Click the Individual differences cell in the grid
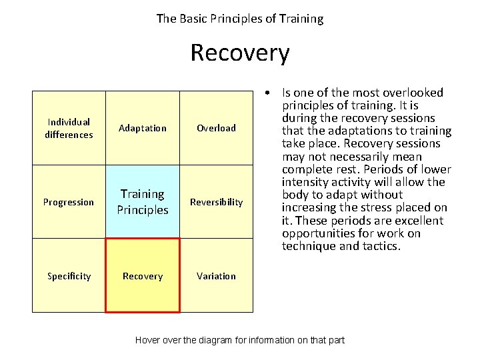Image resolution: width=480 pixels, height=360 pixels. click(69, 128)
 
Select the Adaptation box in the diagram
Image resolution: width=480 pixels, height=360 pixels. click(143, 128)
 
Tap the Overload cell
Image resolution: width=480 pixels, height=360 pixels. click(216, 128)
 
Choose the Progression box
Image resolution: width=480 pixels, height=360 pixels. click(69, 202)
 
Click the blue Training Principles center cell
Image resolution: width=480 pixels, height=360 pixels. click(143, 201)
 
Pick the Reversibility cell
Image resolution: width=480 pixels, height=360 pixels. click(216, 202)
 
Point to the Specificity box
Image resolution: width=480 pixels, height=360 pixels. click(69, 276)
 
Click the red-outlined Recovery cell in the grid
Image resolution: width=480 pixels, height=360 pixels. click(143, 276)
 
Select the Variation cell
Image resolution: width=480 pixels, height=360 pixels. click(216, 276)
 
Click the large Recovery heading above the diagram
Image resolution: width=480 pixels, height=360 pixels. click(240, 53)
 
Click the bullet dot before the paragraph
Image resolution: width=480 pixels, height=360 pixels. click(267, 93)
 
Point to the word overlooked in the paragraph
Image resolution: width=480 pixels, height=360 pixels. click(414, 93)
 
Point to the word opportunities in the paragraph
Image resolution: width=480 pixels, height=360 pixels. click(317, 233)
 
